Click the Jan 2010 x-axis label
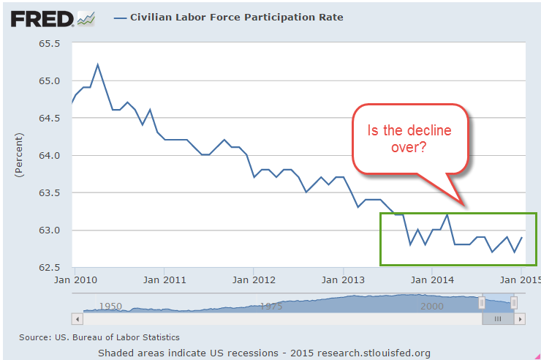click(75, 279)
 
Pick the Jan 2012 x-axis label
click(253, 279)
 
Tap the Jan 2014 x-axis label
click(432, 279)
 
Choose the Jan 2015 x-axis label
click(521, 279)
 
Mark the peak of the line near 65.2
click(97, 64)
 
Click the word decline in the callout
click(428, 130)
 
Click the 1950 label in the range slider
click(111, 307)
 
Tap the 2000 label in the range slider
click(432, 307)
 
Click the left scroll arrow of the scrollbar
click(76, 319)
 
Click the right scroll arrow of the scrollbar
click(521, 319)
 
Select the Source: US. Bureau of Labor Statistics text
click(99, 337)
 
